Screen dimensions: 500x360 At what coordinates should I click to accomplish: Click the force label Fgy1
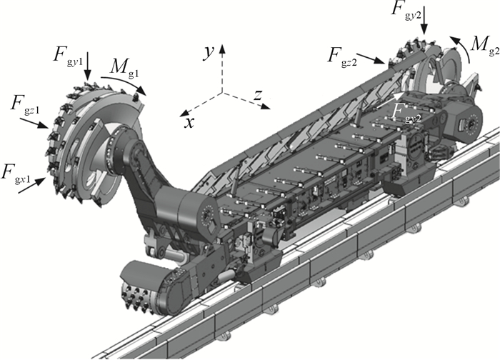[68, 56]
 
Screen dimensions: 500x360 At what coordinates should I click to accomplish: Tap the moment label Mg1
[125, 68]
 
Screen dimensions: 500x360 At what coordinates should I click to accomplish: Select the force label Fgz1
[25, 104]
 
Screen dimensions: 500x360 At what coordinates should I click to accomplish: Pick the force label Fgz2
[342, 56]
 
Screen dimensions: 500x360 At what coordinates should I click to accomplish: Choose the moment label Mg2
[485, 45]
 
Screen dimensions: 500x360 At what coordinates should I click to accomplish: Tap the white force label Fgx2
[406, 113]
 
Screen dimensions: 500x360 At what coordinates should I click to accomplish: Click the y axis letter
[209, 52]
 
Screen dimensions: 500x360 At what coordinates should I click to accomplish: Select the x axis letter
[189, 122]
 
